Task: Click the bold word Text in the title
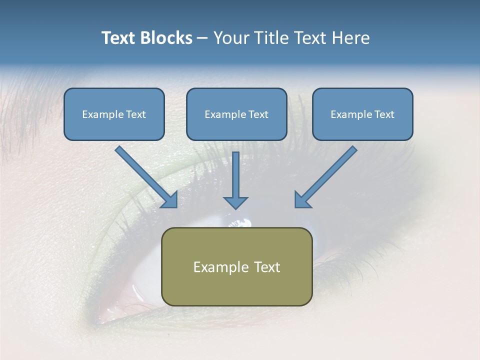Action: (x=119, y=38)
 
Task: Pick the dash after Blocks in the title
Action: (x=202, y=38)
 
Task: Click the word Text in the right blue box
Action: (x=384, y=114)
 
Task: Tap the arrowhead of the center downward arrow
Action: (x=235, y=202)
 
